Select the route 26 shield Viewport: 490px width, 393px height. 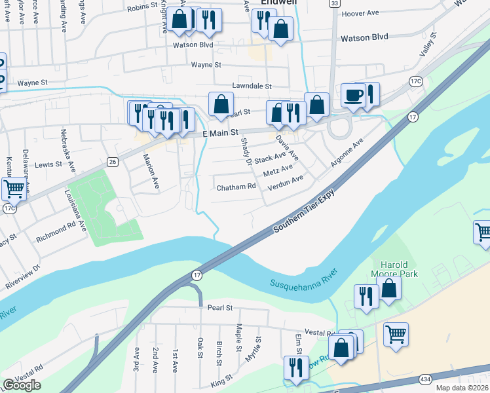(113, 161)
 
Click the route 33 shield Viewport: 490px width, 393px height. (335, 4)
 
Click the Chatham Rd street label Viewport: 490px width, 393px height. (236, 187)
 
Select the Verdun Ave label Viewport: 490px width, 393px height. (285, 183)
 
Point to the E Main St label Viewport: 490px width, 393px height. (221, 134)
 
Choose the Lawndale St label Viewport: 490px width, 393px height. (252, 86)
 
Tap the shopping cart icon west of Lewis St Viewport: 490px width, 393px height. (13, 189)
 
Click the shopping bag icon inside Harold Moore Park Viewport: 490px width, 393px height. (388, 288)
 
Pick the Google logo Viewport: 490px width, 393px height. (22, 385)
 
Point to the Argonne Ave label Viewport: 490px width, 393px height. (347, 153)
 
